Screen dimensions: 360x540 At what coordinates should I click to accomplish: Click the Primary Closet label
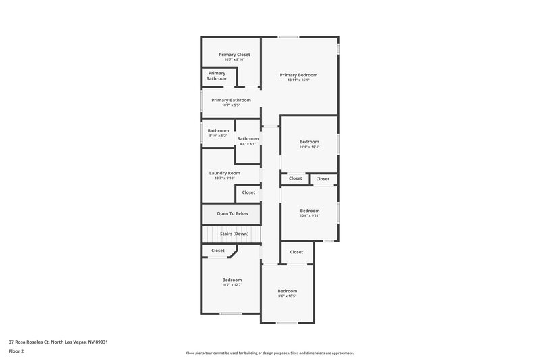[234, 54]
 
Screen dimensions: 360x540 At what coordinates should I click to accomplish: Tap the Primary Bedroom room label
[298, 75]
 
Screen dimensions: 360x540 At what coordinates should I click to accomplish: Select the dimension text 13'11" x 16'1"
[298, 80]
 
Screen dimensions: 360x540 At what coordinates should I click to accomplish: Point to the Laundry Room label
[224, 173]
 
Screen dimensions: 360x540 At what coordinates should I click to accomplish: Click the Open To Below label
[232, 213]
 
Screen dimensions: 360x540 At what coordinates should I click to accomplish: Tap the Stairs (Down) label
[234, 234]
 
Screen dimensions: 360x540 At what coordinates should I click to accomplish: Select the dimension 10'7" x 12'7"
[232, 285]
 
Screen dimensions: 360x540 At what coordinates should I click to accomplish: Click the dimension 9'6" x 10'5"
[287, 296]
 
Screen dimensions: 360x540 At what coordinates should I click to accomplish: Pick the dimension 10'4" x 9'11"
[309, 215]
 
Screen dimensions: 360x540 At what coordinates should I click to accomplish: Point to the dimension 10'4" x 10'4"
[309, 147]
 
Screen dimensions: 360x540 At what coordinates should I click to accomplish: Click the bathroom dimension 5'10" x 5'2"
[217, 136]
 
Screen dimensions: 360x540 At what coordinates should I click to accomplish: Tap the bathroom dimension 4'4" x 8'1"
[247, 143]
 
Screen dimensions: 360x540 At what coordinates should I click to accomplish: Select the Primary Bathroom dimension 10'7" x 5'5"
[231, 105]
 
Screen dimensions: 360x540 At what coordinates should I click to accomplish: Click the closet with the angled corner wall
[218, 251]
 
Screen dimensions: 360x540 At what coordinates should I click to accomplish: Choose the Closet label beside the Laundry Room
[248, 192]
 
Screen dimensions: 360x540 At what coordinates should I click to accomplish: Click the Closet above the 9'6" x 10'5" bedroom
[296, 252]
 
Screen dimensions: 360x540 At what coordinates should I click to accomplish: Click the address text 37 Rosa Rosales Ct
[58, 342]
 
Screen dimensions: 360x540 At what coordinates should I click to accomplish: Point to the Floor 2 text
[16, 351]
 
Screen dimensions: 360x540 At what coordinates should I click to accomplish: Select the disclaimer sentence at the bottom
[269, 353]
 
